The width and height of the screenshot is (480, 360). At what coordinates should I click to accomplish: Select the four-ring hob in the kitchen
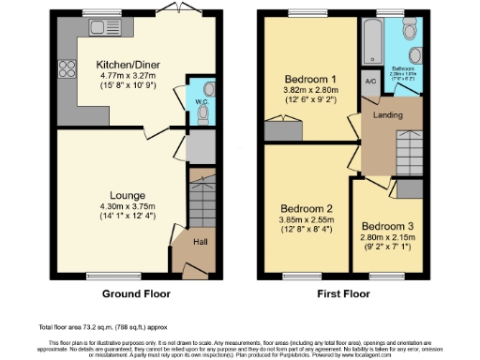67,67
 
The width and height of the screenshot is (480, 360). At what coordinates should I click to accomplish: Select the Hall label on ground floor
200,243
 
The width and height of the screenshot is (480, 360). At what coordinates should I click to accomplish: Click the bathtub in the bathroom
372,38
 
